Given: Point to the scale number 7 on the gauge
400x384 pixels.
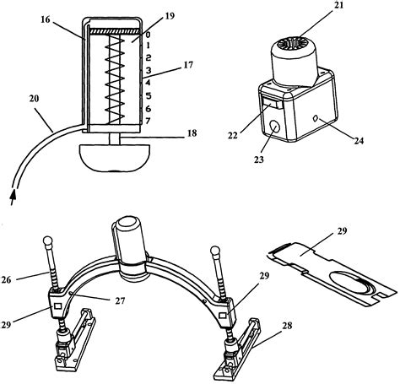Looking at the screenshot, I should (148, 122).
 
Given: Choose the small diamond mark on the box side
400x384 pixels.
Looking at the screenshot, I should (314, 117).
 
